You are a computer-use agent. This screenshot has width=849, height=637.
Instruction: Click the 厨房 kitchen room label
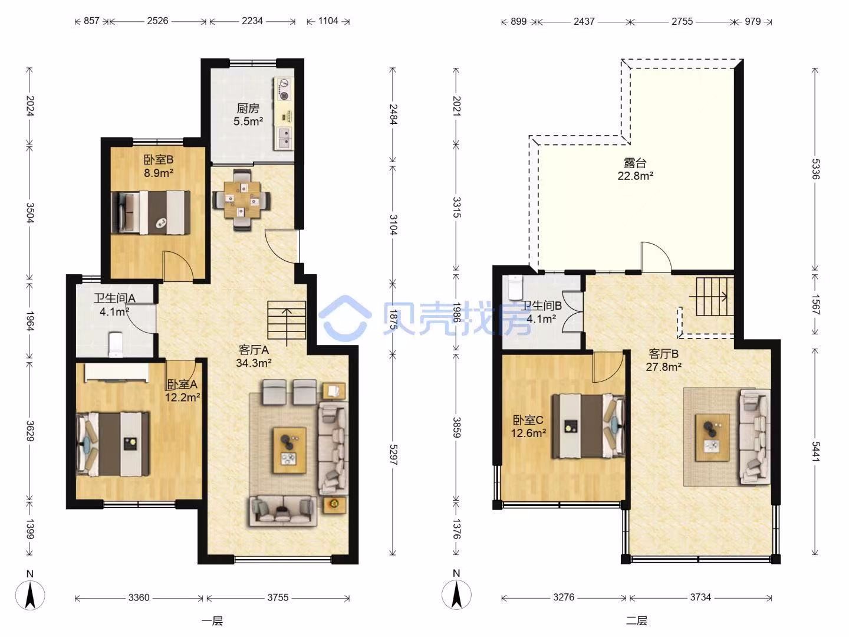(x=248, y=109)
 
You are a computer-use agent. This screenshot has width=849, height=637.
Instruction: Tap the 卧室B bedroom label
(x=159, y=159)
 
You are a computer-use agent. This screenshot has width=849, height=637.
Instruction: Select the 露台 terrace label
(x=635, y=163)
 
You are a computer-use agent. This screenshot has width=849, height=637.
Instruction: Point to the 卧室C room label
(x=528, y=419)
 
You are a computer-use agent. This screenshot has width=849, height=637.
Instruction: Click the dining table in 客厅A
(x=242, y=201)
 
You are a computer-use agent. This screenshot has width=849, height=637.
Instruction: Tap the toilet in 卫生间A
(x=115, y=344)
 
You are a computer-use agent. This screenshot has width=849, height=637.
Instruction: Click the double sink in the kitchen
(x=285, y=138)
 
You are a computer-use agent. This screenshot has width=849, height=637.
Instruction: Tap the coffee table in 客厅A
(x=289, y=450)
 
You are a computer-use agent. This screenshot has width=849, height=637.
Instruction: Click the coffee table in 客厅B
(x=712, y=438)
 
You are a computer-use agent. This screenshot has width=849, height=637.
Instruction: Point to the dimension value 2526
(x=157, y=21)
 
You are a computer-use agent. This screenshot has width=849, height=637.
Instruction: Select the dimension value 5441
(x=815, y=451)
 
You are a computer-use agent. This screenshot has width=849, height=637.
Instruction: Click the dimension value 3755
(x=278, y=597)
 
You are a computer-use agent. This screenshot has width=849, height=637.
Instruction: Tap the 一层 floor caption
(x=212, y=621)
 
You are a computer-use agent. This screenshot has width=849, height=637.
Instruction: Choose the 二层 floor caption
(x=636, y=620)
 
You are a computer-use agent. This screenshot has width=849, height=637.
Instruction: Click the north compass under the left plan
(x=30, y=595)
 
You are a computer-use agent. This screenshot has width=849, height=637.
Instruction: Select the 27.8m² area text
(x=663, y=367)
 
